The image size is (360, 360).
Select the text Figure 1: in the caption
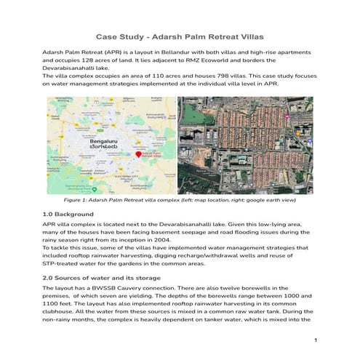tap(78, 199)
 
